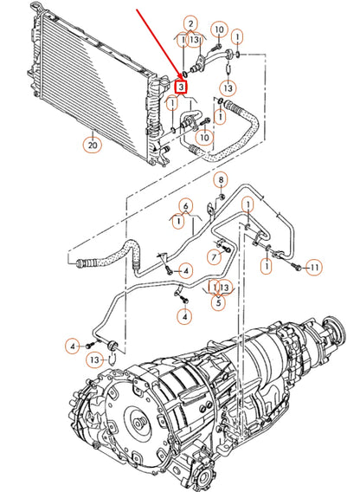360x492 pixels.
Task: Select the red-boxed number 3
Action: (x=180, y=87)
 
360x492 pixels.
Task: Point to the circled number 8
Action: (x=221, y=179)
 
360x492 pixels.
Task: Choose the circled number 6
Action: (x=184, y=205)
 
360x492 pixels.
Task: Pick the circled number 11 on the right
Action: (x=315, y=268)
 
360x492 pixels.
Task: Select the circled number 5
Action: (x=219, y=303)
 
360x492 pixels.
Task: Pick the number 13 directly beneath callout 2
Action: (x=197, y=39)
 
